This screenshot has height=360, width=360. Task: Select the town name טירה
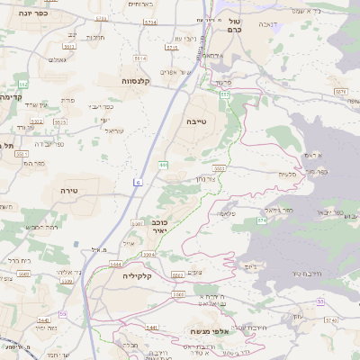pyautogui.click(x=71, y=191)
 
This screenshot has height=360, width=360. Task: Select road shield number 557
pyautogui.click(x=225, y=94)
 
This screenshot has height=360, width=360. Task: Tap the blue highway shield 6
pyautogui.click(x=138, y=183)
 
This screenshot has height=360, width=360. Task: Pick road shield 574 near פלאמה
pyautogui.click(x=262, y=219)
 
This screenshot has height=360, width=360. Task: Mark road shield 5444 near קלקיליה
pyautogui.click(x=115, y=265)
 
